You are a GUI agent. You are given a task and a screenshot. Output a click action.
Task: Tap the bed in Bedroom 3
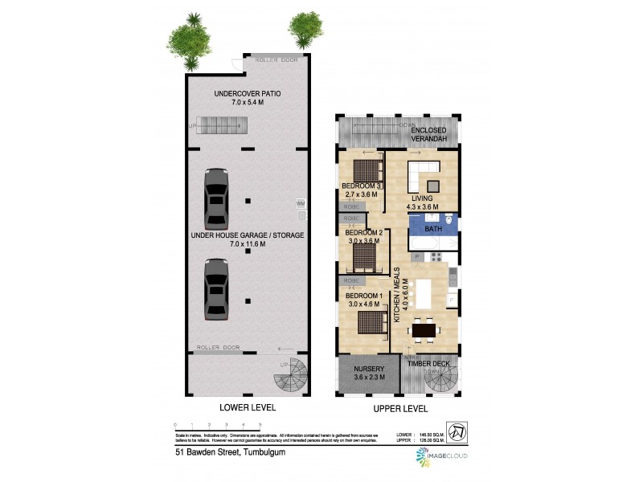click(x=366, y=170)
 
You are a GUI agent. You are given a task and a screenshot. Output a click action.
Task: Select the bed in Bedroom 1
click(x=370, y=322)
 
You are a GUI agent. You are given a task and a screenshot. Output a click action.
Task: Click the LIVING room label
click(x=423, y=198)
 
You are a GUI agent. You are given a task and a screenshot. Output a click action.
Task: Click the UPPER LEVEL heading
click(x=399, y=408)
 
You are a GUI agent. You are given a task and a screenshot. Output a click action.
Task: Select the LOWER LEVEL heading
click(x=248, y=408)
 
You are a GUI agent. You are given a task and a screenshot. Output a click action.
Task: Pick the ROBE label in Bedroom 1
click(x=351, y=281)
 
